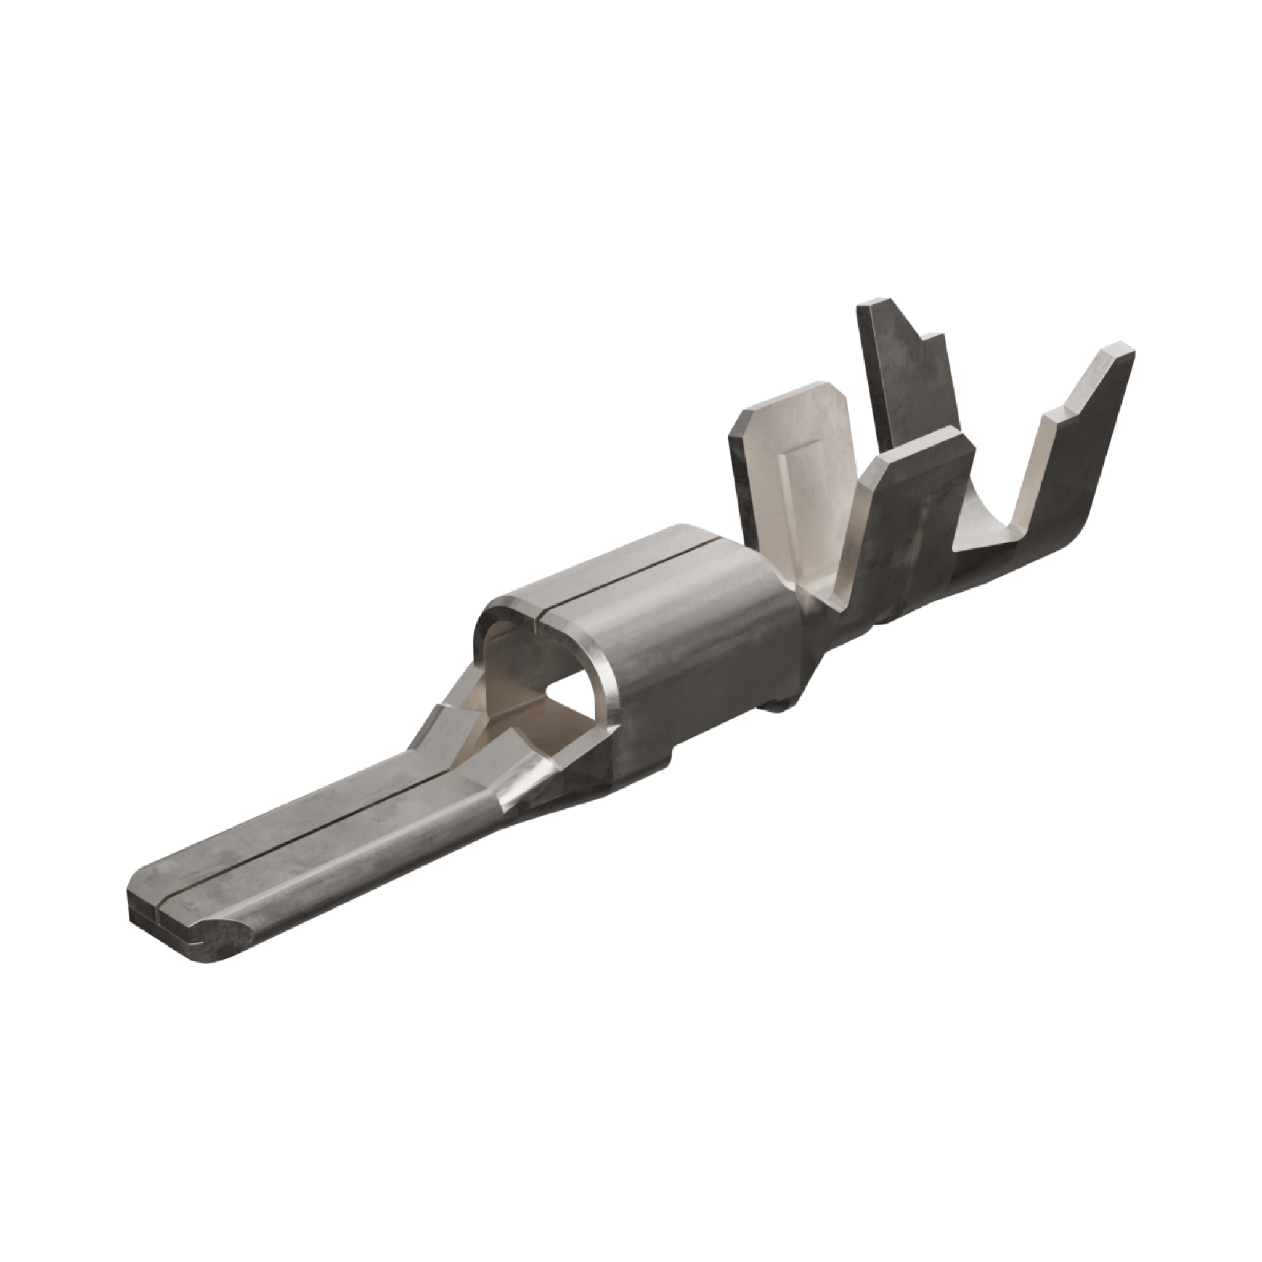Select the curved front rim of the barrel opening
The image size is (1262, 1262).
[605, 686]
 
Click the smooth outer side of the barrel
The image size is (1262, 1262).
[706, 653]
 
